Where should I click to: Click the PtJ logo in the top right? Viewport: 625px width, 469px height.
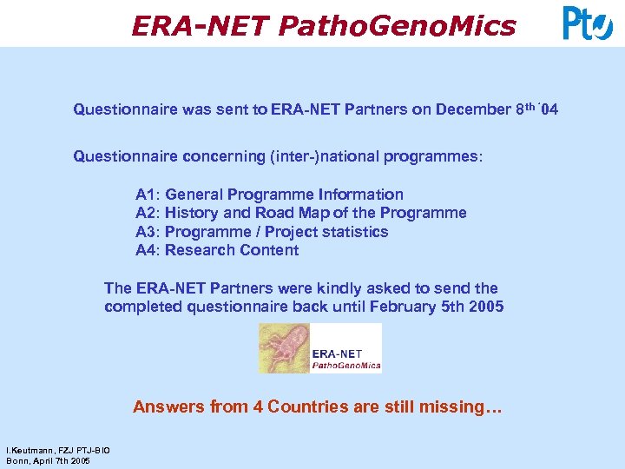(588, 23)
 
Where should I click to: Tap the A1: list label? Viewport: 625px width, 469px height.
(148, 195)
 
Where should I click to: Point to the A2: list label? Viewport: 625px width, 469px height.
(148, 213)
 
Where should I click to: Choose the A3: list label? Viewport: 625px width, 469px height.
(148, 232)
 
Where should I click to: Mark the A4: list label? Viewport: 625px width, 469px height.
(148, 250)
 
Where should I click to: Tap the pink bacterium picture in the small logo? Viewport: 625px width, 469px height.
(284, 348)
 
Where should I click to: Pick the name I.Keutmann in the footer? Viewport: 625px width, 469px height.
(27, 451)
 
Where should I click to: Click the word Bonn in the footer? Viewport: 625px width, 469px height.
(16, 460)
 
